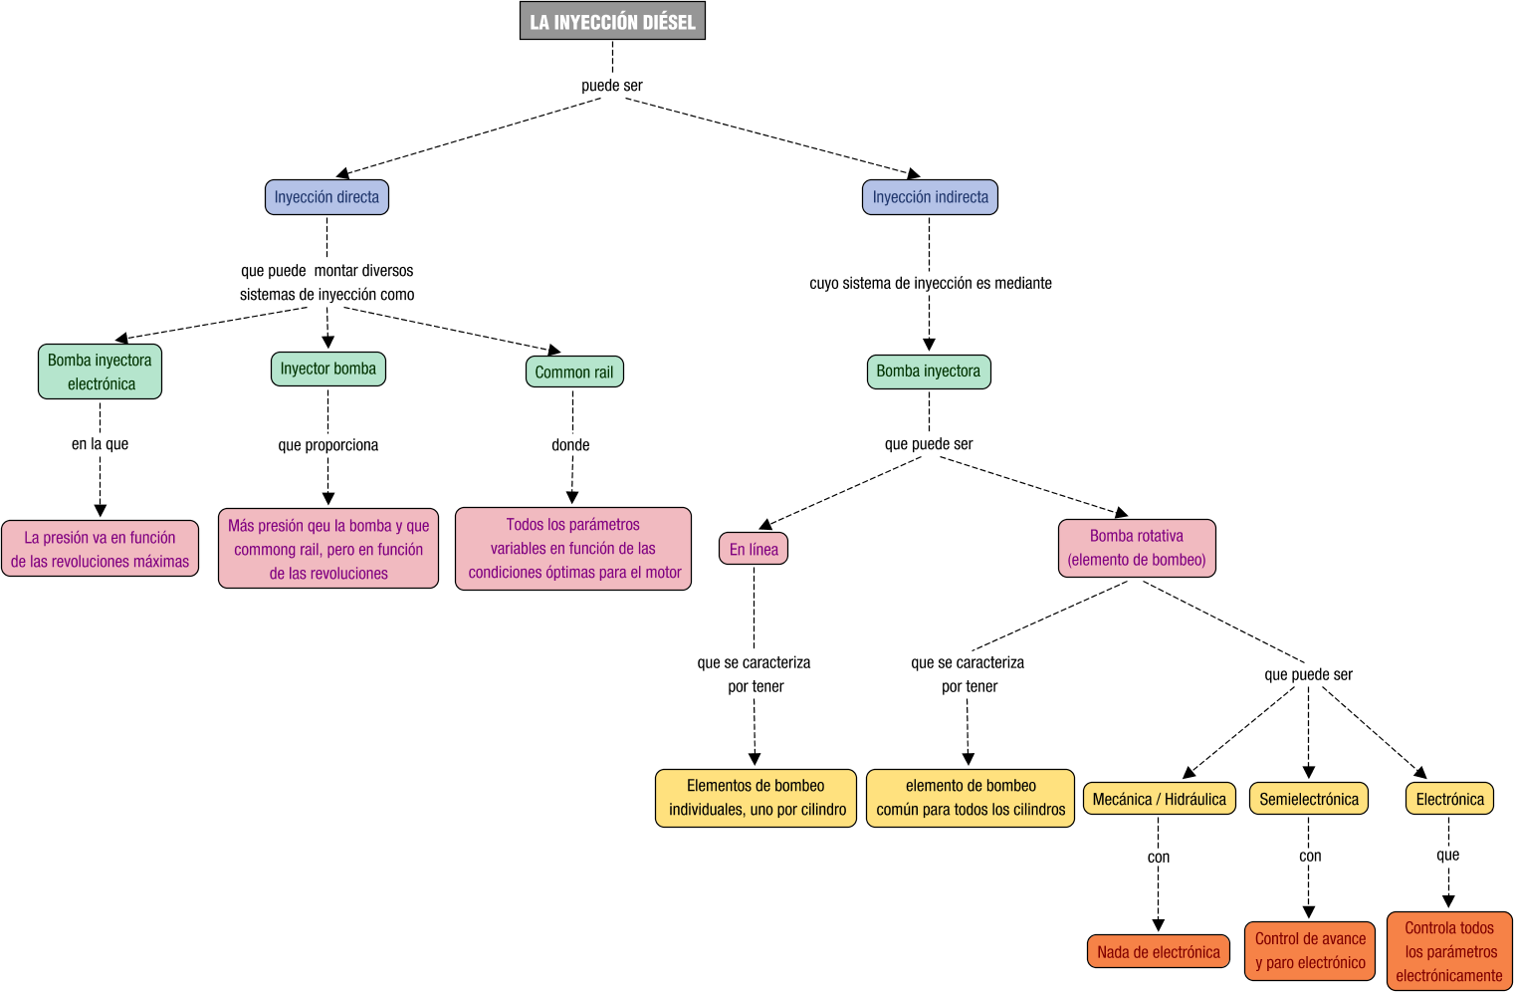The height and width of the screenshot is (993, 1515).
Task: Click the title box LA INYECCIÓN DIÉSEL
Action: click(x=612, y=21)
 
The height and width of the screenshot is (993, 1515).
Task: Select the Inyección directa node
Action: click(x=326, y=197)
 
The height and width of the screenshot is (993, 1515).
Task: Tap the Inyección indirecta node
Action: click(x=930, y=197)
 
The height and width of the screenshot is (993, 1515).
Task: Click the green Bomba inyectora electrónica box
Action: click(x=100, y=372)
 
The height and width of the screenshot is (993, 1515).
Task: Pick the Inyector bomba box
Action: click(x=327, y=369)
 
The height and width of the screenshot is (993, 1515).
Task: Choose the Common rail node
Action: click(x=574, y=372)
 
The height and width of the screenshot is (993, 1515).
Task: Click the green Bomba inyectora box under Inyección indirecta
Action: click(x=928, y=372)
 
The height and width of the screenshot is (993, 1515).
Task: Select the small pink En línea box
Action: click(x=754, y=549)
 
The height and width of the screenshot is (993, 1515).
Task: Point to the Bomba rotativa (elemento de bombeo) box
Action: click(x=1137, y=548)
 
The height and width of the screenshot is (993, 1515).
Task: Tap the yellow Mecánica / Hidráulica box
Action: click(x=1159, y=799)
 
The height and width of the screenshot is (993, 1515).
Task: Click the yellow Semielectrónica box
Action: click(x=1308, y=799)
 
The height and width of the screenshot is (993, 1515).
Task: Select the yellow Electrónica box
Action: click(x=1449, y=799)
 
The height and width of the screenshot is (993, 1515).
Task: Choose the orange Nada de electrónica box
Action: click(x=1158, y=951)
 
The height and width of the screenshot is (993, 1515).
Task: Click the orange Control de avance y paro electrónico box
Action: click(x=1310, y=951)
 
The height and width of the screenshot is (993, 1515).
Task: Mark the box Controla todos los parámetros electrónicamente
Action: click(x=1449, y=951)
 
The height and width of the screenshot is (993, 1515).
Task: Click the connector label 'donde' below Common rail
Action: click(x=570, y=445)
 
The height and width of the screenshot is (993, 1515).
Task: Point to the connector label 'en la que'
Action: click(x=100, y=444)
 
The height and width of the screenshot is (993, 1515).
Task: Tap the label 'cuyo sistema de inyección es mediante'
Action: click(x=930, y=284)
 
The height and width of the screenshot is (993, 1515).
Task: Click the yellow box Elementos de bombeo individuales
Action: click(x=756, y=798)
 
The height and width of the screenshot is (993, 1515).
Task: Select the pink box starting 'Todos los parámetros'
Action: click(x=573, y=549)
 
